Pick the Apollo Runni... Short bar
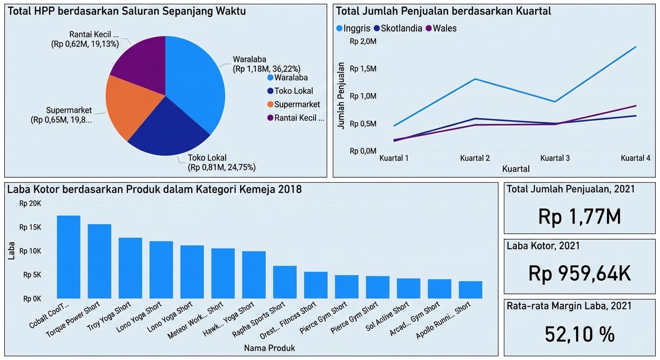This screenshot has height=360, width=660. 470,290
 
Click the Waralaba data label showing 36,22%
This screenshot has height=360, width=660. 266,64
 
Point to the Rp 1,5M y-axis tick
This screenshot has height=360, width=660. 363,69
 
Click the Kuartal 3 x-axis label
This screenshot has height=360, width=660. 555,158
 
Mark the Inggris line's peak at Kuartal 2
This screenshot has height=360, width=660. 475,79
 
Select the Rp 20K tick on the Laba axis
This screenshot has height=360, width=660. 30,204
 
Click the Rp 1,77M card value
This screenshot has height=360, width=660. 579,217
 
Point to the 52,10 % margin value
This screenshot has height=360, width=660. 579,334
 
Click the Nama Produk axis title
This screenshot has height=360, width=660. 269,348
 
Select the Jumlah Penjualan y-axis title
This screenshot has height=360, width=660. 341,96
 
